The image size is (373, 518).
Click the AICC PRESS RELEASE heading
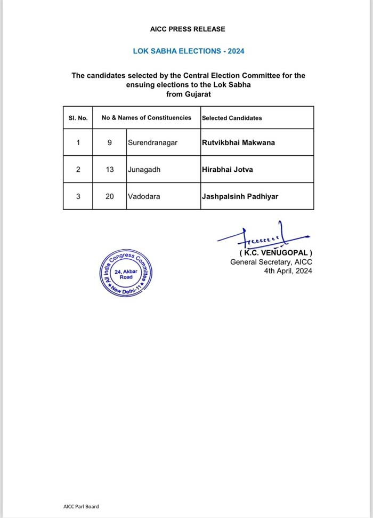[188, 29]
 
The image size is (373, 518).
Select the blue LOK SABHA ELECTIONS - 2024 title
[188, 51]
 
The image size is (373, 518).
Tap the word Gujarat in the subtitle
[196, 94]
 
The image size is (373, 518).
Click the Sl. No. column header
[75, 118]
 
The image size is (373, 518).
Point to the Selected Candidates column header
[232, 118]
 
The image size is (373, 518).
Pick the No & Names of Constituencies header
[147, 117]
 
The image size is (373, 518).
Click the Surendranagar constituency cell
[152, 143]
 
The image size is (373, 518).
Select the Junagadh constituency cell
[143, 170]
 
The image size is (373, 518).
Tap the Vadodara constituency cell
[143, 196]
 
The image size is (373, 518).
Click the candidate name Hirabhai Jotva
[228, 170]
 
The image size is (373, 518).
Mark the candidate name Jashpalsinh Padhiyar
[240, 196]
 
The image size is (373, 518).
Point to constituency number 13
[109, 170]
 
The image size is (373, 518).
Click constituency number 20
[109, 196]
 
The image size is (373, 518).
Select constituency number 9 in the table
[109, 143]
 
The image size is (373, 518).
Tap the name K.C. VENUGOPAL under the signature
[275, 252]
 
